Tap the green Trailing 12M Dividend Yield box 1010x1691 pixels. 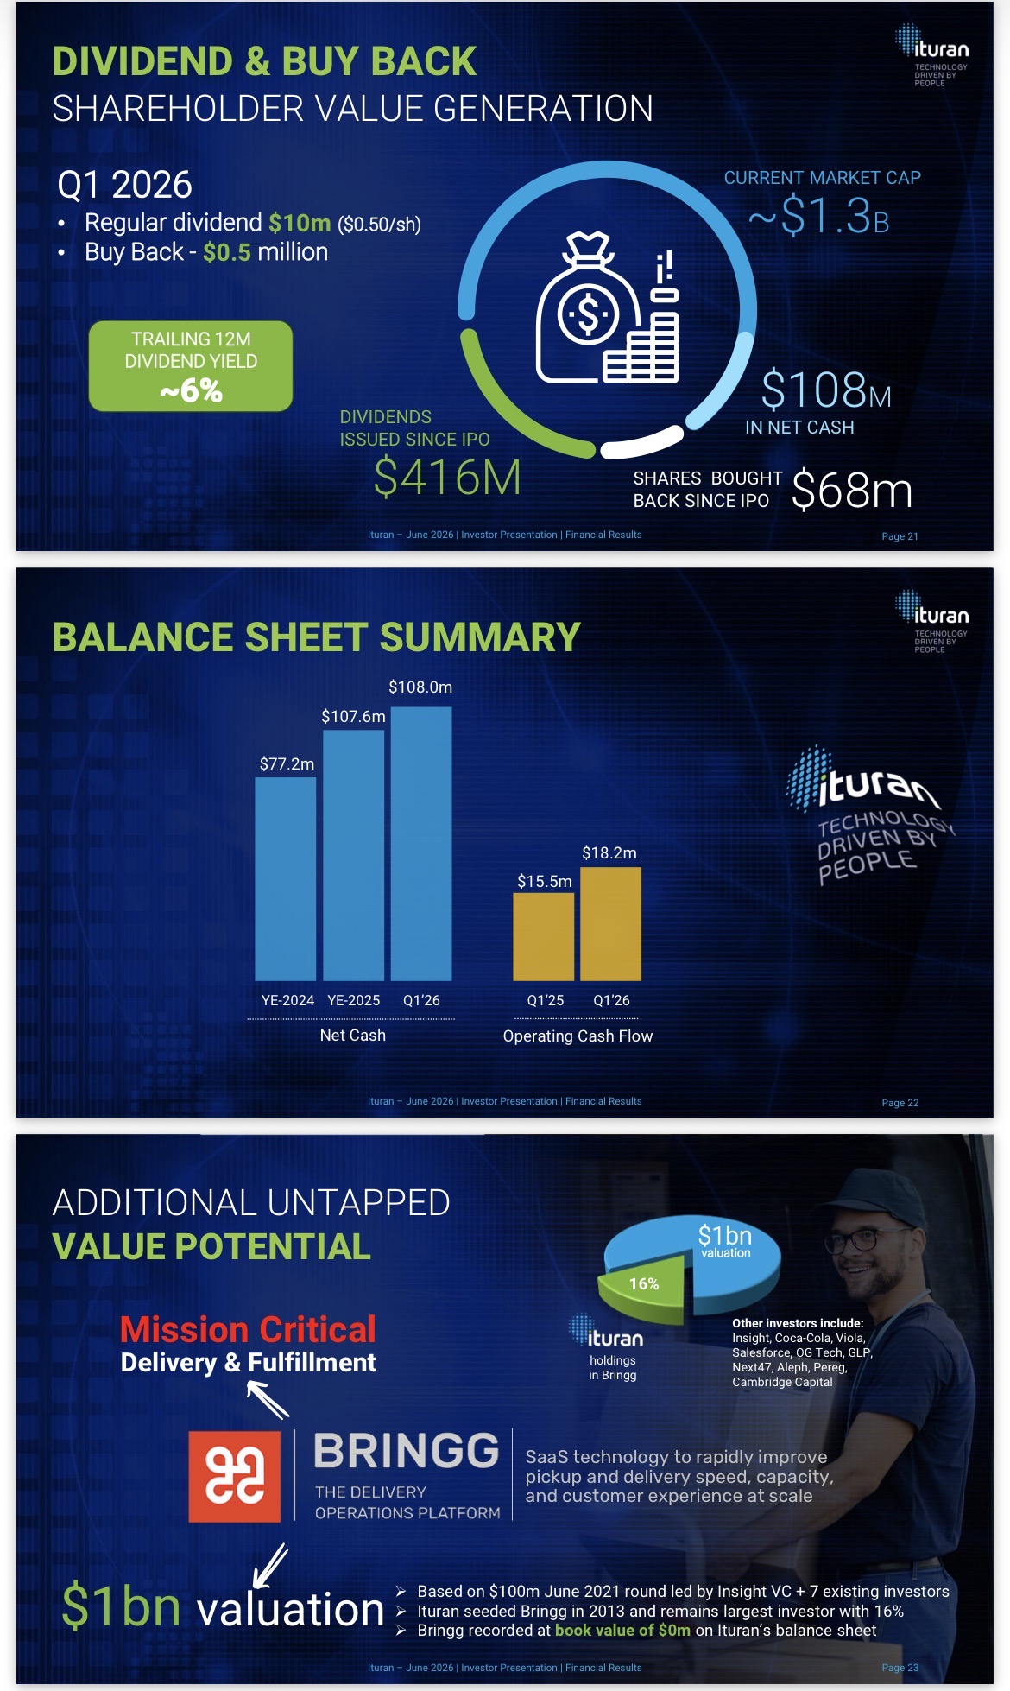pos(191,366)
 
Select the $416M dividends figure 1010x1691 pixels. pos(447,478)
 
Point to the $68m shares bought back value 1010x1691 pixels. pos(852,490)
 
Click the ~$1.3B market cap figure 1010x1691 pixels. pos(818,215)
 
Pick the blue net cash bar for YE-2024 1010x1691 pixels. pos(286,878)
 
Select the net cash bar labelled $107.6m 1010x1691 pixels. pos(354,855)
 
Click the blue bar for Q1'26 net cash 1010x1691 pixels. pos(421,844)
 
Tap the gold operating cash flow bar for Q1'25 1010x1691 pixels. pos(544,936)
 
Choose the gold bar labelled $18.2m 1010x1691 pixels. pos(611,923)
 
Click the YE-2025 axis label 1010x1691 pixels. pos(354,1000)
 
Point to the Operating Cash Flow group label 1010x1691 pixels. pos(578,1035)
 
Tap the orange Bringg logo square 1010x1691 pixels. pos(235,1476)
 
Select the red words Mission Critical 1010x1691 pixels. pos(249,1329)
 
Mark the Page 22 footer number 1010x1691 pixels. pos(900,1103)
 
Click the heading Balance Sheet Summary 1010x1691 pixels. pos(317,637)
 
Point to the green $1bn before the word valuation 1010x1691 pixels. pos(121,1606)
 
